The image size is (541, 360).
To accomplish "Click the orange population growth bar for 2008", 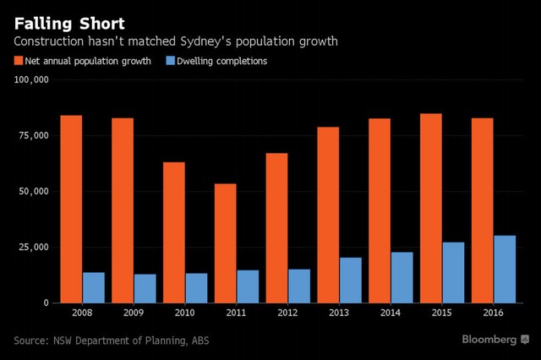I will [x=71, y=209].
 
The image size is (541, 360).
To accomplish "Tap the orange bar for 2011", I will [x=225, y=243].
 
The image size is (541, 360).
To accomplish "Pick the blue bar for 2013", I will [x=350, y=280].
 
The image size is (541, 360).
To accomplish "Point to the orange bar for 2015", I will [x=430, y=208].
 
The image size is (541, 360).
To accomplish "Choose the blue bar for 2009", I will [x=145, y=287].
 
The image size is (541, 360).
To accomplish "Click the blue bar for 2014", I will [x=402, y=277].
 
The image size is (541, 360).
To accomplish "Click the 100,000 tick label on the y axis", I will [x=32, y=80].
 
